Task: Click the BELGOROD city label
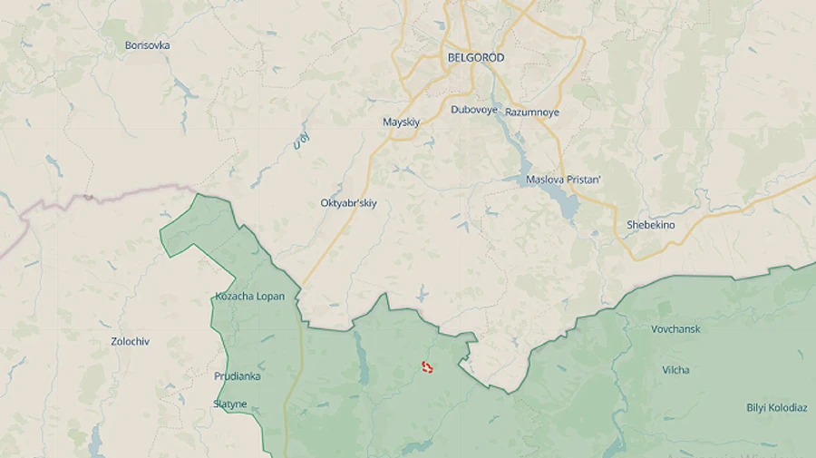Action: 476,57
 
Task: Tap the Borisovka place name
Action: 147,45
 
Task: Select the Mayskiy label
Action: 401,122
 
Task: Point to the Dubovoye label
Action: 474,110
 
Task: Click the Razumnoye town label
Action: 532,112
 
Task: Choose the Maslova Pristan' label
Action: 563,180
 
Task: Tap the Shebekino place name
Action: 650,225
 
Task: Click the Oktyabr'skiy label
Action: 348,203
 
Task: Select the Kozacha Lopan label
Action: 249,297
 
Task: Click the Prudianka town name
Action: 237,375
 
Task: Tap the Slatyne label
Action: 229,404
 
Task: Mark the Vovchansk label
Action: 675,328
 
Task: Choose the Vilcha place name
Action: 675,370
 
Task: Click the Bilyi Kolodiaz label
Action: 776,408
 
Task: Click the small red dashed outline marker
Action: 427,366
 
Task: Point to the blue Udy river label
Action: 301,141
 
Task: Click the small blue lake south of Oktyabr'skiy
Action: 422,293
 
